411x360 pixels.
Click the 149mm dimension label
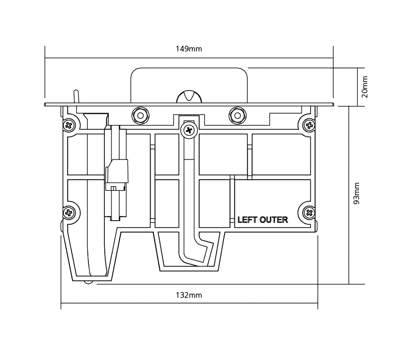[x=189, y=49]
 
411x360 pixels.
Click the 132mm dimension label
[x=189, y=295]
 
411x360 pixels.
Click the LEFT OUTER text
[x=263, y=220]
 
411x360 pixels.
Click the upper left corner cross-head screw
[x=69, y=125]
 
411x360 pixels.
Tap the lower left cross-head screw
[x=69, y=211]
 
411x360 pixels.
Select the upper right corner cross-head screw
[x=309, y=125]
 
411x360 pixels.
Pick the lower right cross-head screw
[x=309, y=211]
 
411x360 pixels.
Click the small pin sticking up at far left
[x=76, y=96]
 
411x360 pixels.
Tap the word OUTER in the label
[x=274, y=220]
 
